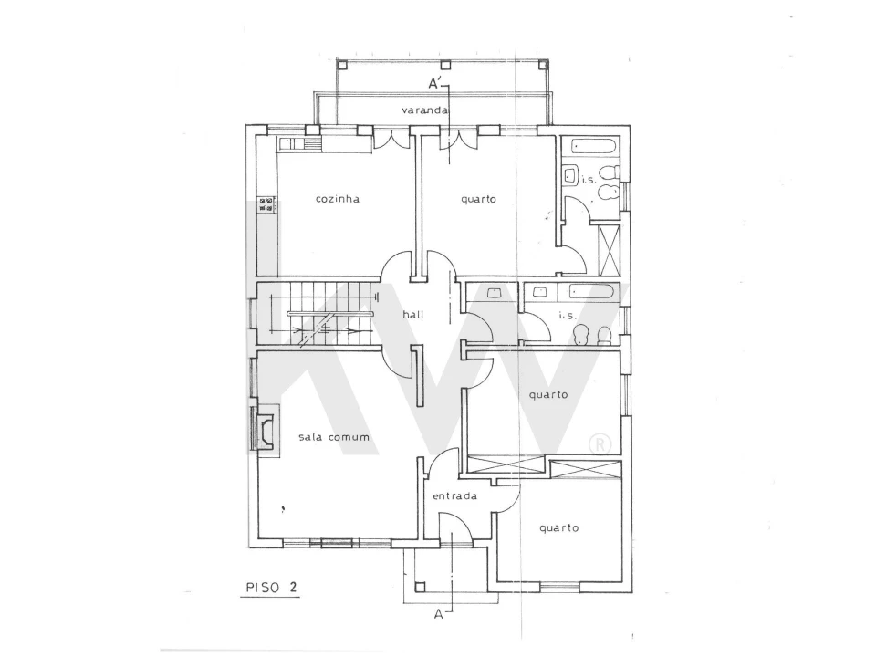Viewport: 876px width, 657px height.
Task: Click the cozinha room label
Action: coord(337,199)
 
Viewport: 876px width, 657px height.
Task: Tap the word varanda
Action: coord(424,110)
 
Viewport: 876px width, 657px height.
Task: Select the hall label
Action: coord(413,315)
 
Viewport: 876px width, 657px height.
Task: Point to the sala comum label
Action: coord(334,437)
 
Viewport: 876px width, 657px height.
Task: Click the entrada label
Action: coord(454,496)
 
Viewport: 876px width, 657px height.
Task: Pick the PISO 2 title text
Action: coord(272,587)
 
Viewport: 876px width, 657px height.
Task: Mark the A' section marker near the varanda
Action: coord(436,84)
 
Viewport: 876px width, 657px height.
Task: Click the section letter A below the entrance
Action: coord(439,614)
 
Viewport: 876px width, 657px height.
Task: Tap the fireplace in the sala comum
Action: coord(265,431)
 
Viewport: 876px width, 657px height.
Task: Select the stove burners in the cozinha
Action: coord(267,203)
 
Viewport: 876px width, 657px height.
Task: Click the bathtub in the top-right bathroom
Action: coord(593,148)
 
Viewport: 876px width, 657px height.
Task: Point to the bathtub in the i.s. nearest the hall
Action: coord(594,292)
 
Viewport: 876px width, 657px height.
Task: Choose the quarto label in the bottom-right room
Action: coord(558,528)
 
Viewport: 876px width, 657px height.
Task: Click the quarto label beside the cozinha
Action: coord(479,199)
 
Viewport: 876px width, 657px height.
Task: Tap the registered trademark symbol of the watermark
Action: coord(600,444)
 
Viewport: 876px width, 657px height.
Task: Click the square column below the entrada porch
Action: coord(420,587)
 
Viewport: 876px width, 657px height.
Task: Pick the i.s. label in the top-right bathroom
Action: coord(589,180)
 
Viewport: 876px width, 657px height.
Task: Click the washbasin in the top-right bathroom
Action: coord(570,175)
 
